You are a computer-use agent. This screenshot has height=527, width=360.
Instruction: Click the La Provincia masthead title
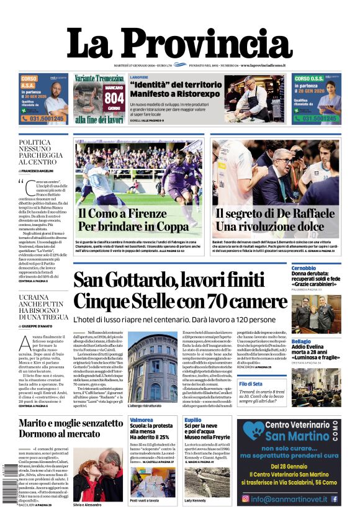[x=180, y=43]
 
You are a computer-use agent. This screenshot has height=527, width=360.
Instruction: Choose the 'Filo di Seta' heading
[x=304, y=384]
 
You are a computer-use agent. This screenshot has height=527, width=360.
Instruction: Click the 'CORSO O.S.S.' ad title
[x=310, y=79]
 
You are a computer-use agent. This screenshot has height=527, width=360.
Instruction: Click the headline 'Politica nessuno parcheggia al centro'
[x=40, y=152]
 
